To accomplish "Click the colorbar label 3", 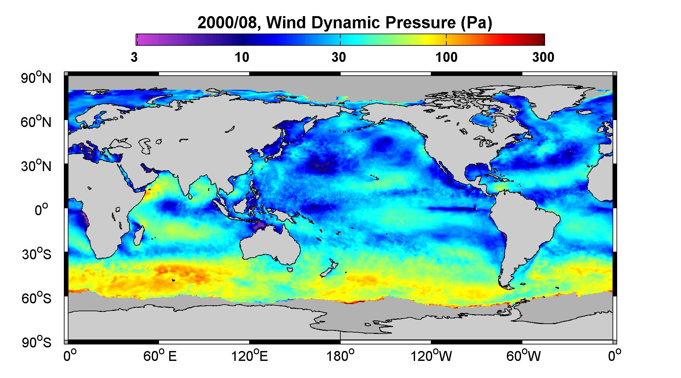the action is click(134, 58).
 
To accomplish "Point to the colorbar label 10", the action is click(242, 58).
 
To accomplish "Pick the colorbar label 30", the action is click(339, 58).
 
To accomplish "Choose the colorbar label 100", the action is click(447, 58).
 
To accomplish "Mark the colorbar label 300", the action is click(543, 58).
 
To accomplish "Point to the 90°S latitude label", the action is click(37, 342).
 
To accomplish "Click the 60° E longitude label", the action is click(160, 356).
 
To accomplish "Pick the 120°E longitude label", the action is click(250, 356).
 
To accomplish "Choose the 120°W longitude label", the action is click(431, 356).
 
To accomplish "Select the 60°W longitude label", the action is click(523, 356).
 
